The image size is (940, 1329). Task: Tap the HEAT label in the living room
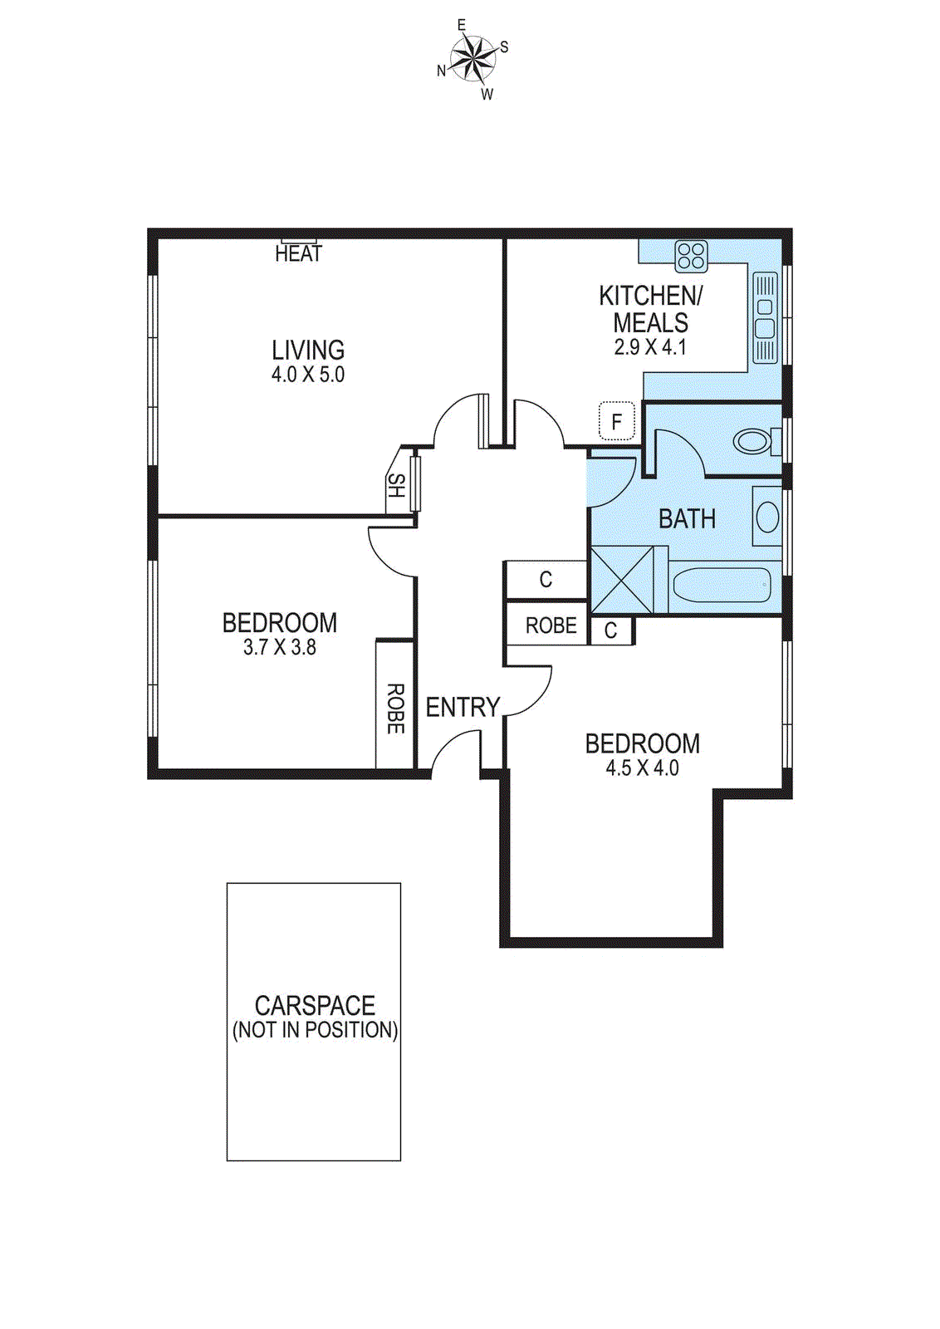point(298,253)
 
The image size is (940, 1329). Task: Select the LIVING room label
point(308,350)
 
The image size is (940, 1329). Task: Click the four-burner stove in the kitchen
point(691,256)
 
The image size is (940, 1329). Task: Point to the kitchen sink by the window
point(766,317)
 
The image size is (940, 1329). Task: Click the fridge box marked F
point(617,422)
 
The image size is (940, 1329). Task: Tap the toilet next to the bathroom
point(754,441)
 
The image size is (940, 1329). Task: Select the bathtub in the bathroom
point(722,586)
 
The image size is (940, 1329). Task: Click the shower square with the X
point(622,579)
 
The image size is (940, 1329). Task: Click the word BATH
point(687,519)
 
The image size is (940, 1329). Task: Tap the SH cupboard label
point(397,486)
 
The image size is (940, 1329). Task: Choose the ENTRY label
point(463,708)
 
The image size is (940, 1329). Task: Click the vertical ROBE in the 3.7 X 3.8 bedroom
point(396,709)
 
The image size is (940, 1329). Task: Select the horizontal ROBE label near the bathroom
point(551,625)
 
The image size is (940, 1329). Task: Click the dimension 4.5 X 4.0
point(642,768)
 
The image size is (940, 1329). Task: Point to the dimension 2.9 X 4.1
point(650,347)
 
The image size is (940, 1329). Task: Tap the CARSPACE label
point(315,1006)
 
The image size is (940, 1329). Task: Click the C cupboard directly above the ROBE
point(546,580)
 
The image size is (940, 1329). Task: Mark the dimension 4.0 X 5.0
point(307,375)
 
